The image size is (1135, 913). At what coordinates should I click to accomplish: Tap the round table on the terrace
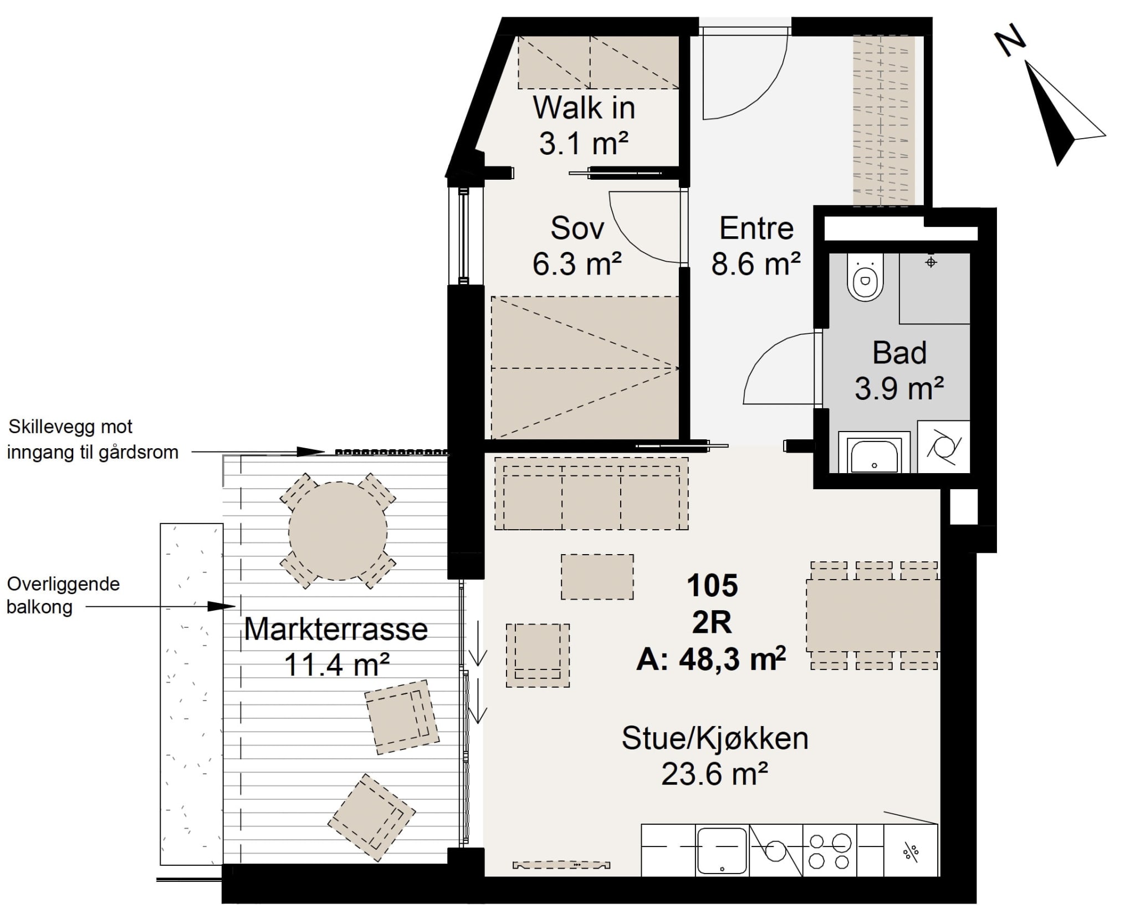[338, 531]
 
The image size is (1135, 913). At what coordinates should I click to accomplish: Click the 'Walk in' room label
[584, 108]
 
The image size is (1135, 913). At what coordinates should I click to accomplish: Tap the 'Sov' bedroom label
[577, 228]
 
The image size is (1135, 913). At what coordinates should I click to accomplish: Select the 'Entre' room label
[756, 228]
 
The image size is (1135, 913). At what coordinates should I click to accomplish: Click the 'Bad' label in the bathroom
[899, 353]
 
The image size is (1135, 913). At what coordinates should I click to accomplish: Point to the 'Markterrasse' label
[336, 629]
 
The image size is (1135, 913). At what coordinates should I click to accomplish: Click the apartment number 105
[712, 585]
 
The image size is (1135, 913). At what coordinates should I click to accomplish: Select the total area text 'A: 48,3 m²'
[712, 660]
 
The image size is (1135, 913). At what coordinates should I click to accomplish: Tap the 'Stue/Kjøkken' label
[715, 739]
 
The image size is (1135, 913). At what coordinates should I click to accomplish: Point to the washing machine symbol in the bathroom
[944, 447]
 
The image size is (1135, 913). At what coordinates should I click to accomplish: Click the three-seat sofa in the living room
[591, 493]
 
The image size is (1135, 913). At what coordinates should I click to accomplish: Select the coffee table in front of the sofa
[597, 576]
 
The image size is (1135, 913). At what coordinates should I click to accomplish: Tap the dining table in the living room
[873, 615]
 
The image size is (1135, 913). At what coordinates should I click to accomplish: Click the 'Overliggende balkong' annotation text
[63, 595]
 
